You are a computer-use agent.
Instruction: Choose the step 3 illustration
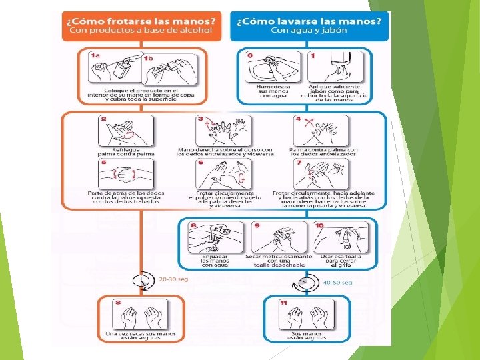(223, 131)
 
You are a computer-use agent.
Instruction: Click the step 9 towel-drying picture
(281, 237)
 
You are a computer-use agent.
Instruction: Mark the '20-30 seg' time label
(173, 279)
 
